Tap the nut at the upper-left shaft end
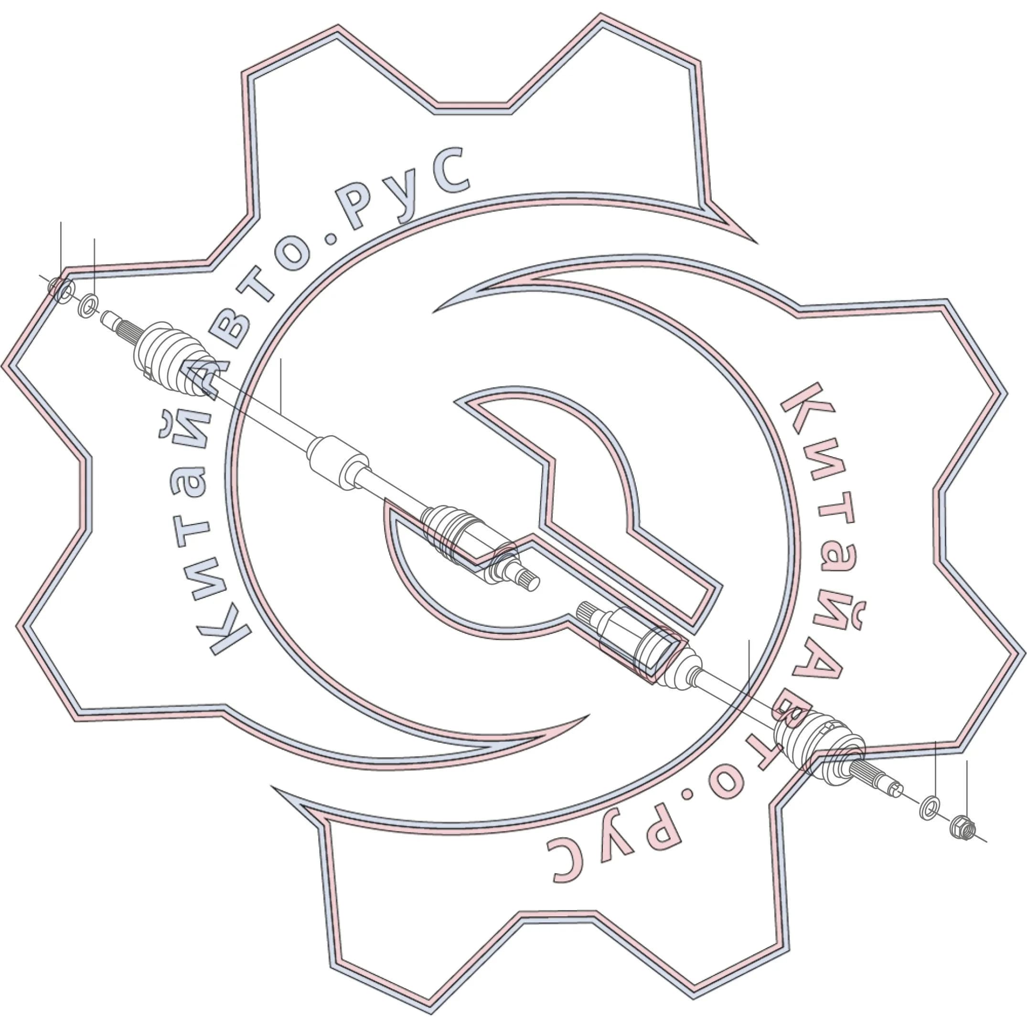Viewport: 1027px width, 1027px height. [x=60, y=289]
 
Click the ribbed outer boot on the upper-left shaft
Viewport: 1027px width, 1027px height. [x=173, y=358]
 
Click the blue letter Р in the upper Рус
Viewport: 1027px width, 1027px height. [x=361, y=207]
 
